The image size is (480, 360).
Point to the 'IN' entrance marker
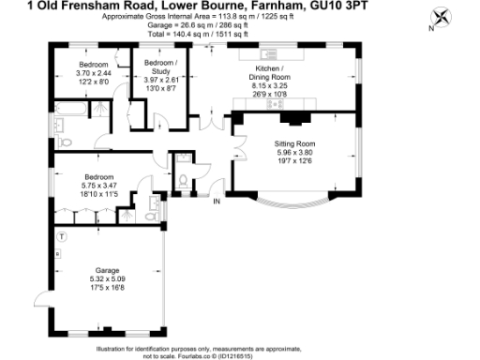pyautogui.click(x=217, y=202)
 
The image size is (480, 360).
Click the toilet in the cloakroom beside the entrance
pyautogui.click(x=184, y=176)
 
